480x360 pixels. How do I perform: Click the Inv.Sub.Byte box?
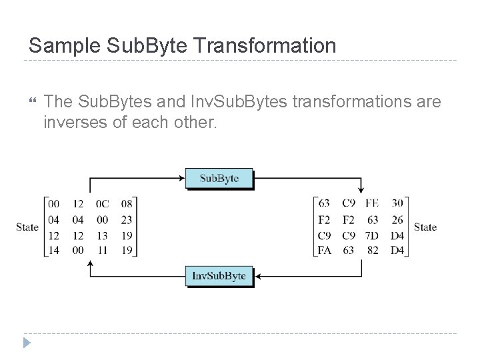click(x=219, y=276)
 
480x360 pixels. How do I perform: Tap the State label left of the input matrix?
click(x=27, y=227)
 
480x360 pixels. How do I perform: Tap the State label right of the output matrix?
click(x=425, y=227)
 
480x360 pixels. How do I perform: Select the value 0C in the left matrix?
click(x=102, y=204)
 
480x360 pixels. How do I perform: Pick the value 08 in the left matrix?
click(x=126, y=204)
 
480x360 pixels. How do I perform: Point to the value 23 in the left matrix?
click(x=126, y=219)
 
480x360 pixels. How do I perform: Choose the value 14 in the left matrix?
click(x=54, y=251)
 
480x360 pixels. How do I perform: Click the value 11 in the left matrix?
click(x=102, y=251)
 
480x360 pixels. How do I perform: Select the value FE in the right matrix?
click(x=372, y=203)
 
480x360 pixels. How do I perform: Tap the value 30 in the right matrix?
click(x=397, y=203)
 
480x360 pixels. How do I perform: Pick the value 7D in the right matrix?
click(x=372, y=235)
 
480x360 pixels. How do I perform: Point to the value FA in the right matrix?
click(x=325, y=251)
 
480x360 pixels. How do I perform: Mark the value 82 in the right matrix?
click(x=372, y=251)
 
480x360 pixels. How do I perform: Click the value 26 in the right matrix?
click(x=397, y=219)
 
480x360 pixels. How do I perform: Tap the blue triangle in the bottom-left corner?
click(x=27, y=344)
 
